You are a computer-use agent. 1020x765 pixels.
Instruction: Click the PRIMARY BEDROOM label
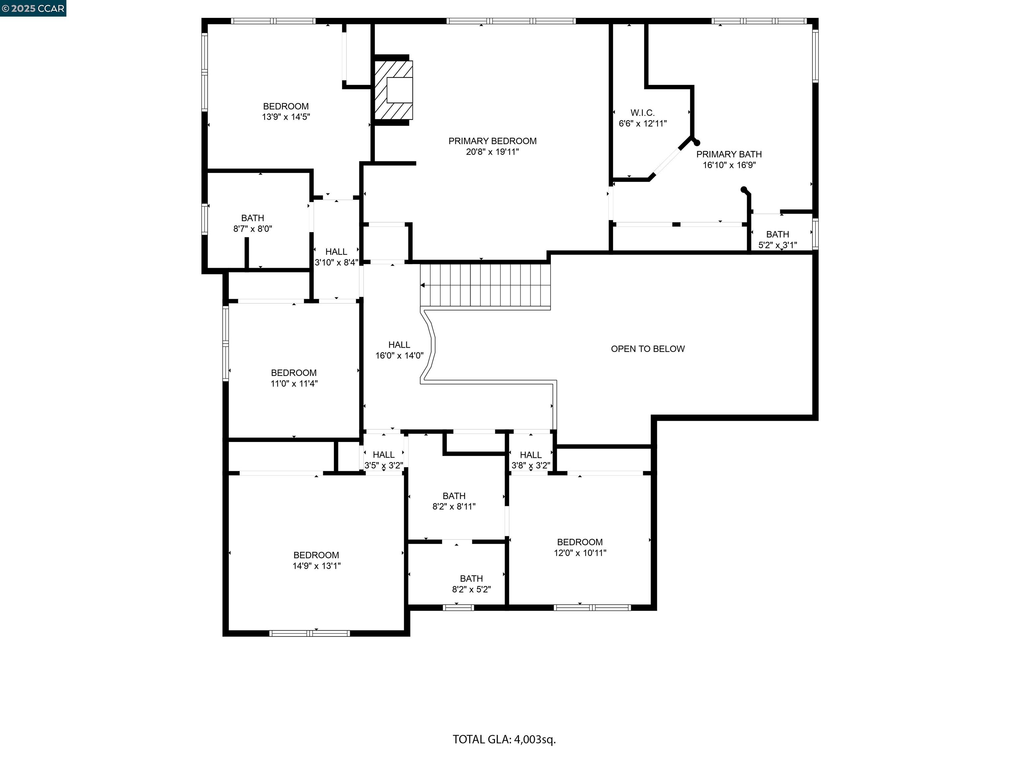[x=492, y=141]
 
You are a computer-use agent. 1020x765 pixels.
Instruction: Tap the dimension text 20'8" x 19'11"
[x=492, y=152]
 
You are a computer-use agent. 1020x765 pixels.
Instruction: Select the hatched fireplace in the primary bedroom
[x=393, y=90]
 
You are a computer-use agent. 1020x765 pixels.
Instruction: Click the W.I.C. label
[x=642, y=113]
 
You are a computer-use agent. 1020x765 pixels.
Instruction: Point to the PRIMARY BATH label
[x=728, y=154]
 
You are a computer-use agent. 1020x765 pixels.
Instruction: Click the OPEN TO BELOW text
[x=647, y=349]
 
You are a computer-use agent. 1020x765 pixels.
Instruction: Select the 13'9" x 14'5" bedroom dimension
[x=286, y=117]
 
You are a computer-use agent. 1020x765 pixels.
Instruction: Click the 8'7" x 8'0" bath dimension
[x=253, y=229]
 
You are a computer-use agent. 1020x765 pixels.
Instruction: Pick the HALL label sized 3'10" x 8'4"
[x=336, y=252]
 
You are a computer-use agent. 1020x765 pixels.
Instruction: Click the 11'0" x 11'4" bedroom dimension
[x=294, y=383]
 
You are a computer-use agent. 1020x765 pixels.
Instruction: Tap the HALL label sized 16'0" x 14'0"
[x=399, y=345]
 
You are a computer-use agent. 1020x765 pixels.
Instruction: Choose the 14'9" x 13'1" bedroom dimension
[x=316, y=566]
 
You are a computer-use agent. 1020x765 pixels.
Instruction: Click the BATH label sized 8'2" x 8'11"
[x=454, y=496]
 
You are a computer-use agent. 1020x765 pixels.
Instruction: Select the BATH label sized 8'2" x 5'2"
[x=471, y=579]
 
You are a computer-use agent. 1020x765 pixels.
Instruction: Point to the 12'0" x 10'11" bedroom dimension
[x=580, y=553]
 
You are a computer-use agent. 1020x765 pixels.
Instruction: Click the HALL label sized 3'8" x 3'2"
[x=530, y=455]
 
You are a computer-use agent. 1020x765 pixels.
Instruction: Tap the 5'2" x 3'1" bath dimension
[x=777, y=245]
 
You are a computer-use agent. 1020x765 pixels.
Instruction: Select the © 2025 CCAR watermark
[x=33, y=8]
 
